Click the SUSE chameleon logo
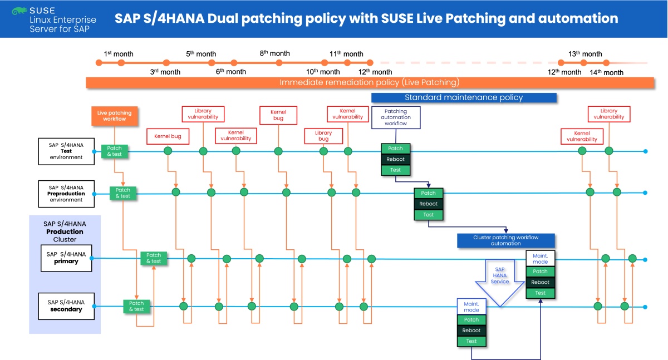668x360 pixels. (x=20, y=10)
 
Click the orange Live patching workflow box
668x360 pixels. (x=114, y=116)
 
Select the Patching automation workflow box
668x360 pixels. (x=395, y=117)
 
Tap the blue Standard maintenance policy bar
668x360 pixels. (x=464, y=97)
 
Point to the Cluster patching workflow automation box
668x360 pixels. (x=506, y=240)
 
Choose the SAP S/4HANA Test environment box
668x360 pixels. (x=66, y=150)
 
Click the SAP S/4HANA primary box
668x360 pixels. (x=66, y=258)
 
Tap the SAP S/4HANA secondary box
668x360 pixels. (x=66, y=305)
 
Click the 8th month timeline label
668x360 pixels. (x=274, y=53)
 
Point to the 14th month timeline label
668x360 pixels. (x=606, y=72)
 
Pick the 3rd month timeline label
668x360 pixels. (x=165, y=72)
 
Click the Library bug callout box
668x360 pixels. (x=323, y=136)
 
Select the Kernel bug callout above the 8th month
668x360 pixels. (x=278, y=116)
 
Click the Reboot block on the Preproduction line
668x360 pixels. (x=428, y=204)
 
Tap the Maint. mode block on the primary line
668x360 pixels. (x=540, y=258)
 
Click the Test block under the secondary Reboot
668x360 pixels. (x=471, y=341)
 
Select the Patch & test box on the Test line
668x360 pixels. (x=115, y=151)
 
